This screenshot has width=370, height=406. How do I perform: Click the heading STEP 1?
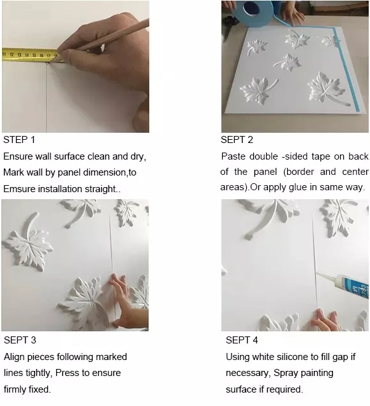tap(19, 140)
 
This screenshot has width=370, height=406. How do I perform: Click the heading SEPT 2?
tap(237, 140)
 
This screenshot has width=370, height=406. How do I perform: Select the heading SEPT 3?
tap(20, 340)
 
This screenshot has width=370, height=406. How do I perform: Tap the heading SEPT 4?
tap(242, 340)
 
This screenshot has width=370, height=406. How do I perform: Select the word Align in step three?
tap(14, 357)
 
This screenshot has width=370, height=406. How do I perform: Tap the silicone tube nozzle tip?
tap(318, 273)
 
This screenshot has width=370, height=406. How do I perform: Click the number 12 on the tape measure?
tap(12, 54)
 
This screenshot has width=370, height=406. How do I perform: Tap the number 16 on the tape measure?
tap(41, 55)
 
